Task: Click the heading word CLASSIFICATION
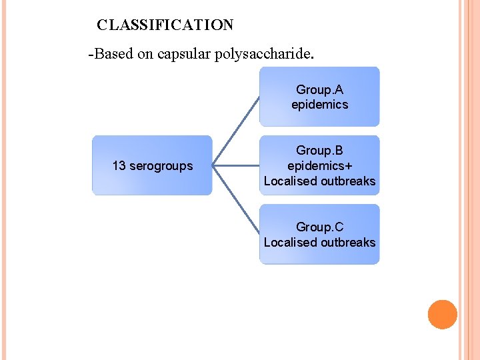[x=165, y=25]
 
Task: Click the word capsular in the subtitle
[x=184, y=54]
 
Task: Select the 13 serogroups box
[x=152, y=165]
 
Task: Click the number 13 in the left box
[x=119, y=165]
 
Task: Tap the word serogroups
[x=161, y=165]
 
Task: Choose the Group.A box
[x=319, y=97]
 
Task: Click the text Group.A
[x=319, y=89]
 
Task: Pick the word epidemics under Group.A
[x=319, y=105]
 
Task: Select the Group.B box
[x=319, y=165]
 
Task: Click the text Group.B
[x=319, y=151]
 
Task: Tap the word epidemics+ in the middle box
[x=319, y=165]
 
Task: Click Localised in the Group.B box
[x=291, y=181]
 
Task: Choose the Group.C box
[x=319, y=234]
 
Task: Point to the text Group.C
[x=319, y=227]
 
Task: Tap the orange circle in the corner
[x=442, y=315]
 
